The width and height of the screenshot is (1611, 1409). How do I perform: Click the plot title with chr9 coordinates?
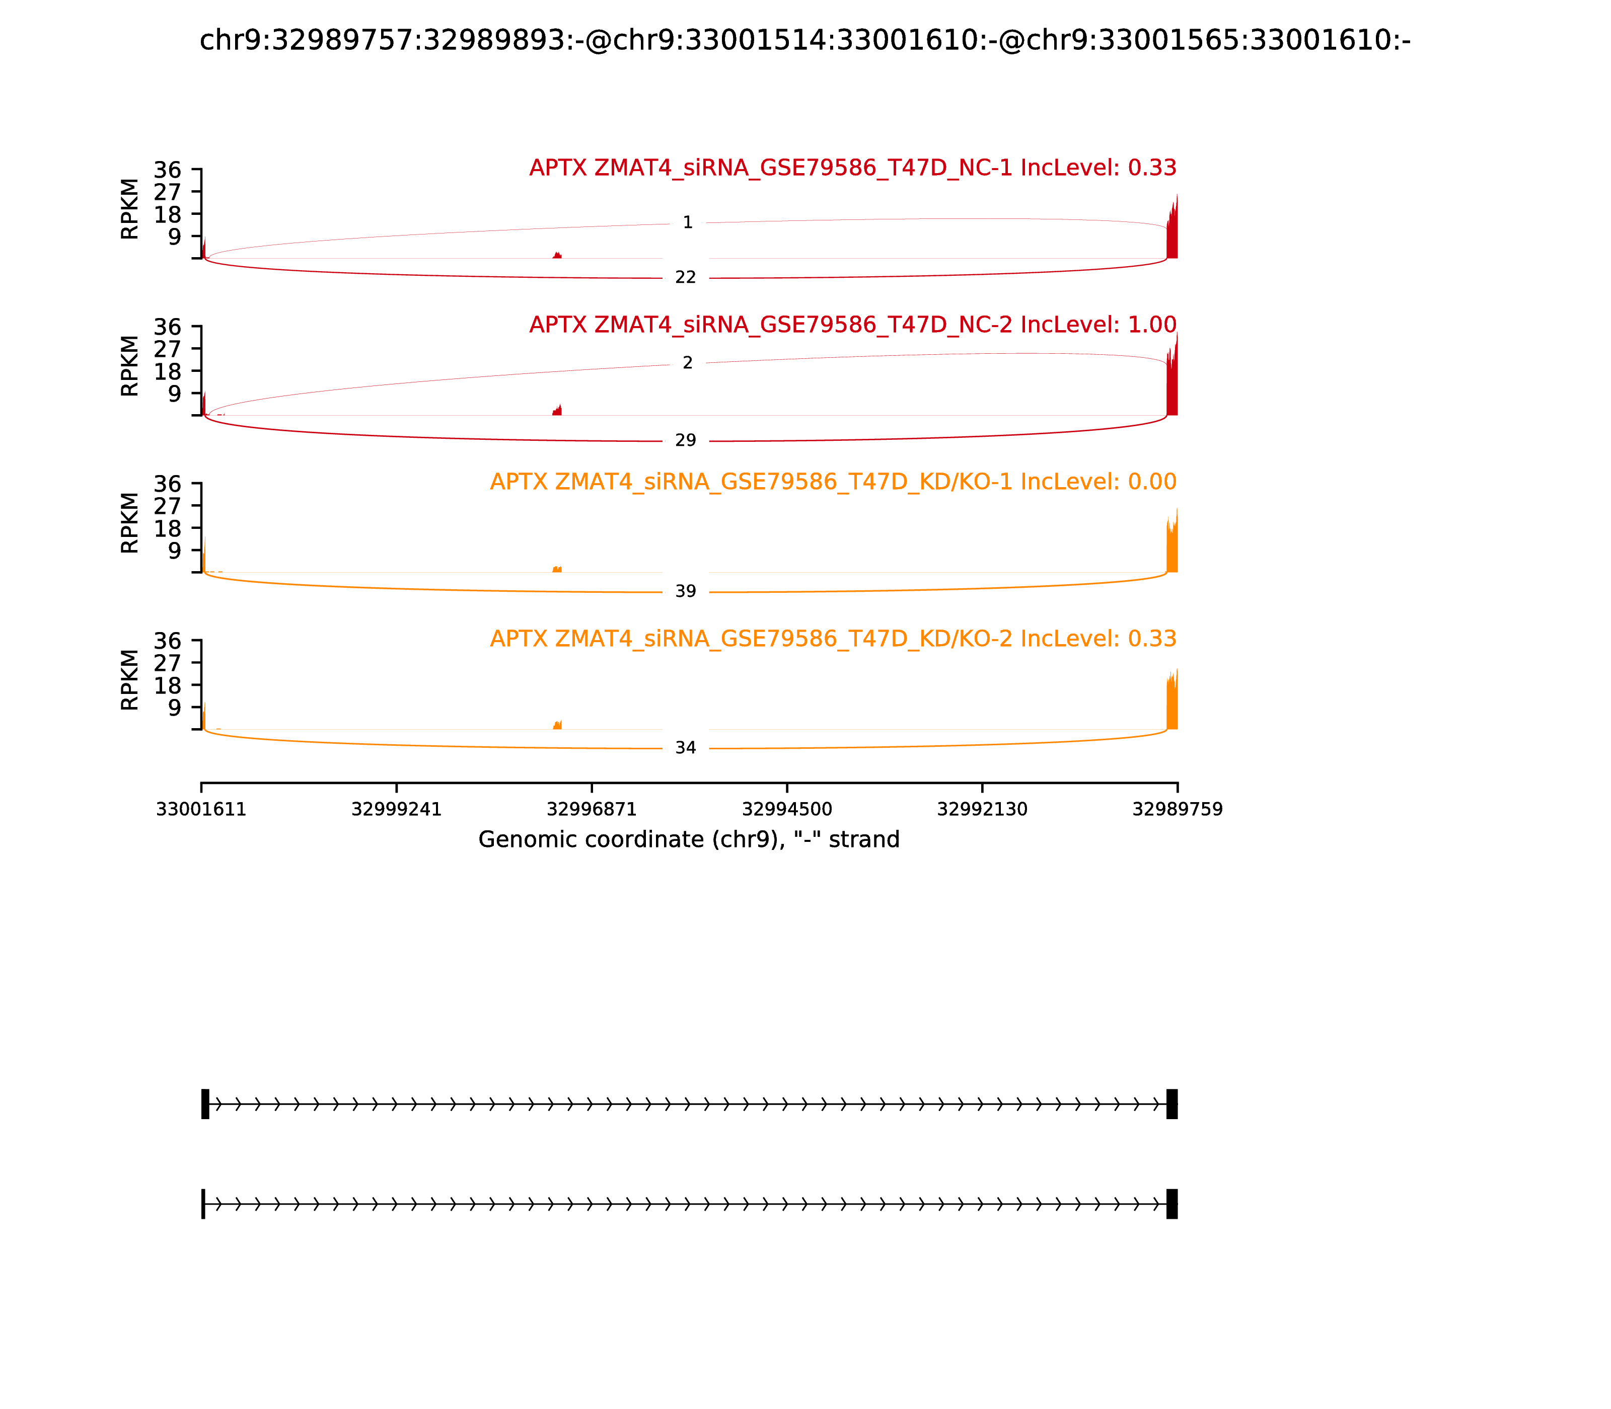[x=804, y=40]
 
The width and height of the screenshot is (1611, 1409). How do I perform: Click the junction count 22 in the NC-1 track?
[x=685, y=278]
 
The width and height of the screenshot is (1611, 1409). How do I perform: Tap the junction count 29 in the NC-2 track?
[x=685, y=440]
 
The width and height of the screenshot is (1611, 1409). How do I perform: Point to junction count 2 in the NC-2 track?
[x=688, y=363]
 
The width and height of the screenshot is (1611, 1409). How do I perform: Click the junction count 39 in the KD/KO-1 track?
[x=685, y=591]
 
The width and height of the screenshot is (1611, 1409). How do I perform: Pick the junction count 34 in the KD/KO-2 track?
[x=685, y=748]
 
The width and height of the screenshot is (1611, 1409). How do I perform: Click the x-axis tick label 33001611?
[x=201, y=810]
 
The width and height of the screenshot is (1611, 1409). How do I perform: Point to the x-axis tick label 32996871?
[x=592, y=810]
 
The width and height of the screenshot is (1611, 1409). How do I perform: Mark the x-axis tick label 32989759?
[x=1177, y=810]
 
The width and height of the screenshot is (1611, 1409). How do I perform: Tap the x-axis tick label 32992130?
[x=982, y=810]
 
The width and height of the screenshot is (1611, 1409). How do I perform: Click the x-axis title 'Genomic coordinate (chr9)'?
[x=688, y=840]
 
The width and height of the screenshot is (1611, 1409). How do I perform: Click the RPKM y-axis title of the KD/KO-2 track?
[x=130, y=679]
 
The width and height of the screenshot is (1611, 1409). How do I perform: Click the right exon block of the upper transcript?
[x=1171, y=1104]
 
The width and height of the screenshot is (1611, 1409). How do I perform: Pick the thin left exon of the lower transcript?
[x=203, y=1204]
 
